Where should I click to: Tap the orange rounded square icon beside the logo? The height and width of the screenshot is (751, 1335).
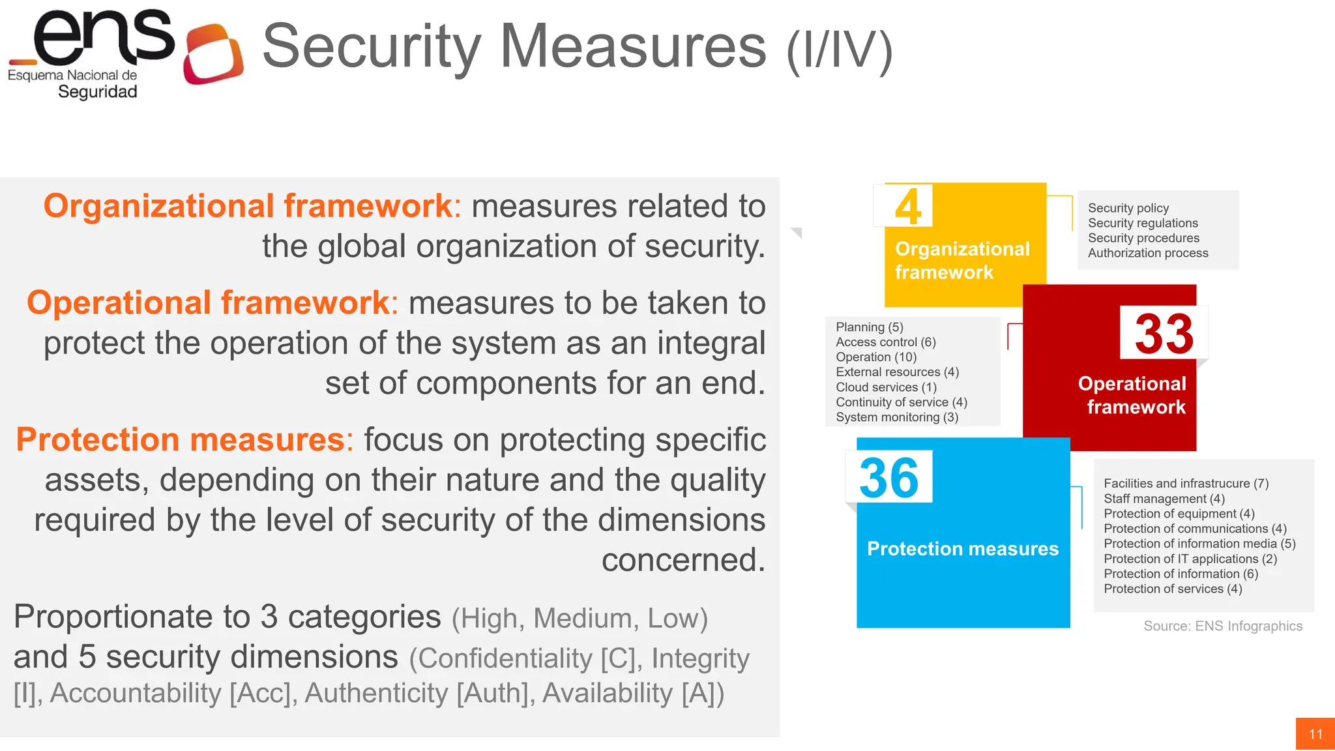[x=214, y=54]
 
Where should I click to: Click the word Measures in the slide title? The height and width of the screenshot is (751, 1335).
[x=633, y=46]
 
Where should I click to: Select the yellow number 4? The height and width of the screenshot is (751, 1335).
[x=908, y=207]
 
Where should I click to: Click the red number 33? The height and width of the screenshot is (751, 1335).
[x=1164, y=334]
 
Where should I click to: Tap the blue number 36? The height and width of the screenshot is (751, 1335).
[x=889, y=478]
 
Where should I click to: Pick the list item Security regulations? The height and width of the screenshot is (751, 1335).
[x=1143, y=223]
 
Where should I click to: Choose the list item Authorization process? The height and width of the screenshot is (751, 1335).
[x=1148, y=253]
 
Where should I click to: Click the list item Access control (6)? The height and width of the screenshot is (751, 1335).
[x=886, y=342]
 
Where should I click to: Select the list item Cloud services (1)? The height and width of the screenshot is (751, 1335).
[x=886, y=387]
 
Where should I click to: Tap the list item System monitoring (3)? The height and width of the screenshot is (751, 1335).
[x=897, y=417]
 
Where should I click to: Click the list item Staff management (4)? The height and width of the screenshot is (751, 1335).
[x=1164, y=499]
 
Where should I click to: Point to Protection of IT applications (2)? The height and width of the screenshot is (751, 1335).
[x=1190, y=559]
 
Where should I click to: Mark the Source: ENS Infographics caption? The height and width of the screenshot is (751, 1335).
[x=1223, y=626]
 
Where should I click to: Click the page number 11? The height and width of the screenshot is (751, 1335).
[x=1315, y=734]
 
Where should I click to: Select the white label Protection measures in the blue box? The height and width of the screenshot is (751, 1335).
[x=963, y=549]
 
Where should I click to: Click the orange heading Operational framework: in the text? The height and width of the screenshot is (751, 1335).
[x=213, y=303]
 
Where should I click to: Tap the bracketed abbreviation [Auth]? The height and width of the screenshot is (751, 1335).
[x=492, y=693]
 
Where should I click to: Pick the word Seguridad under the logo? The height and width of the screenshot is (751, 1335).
[x=98, y=92]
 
